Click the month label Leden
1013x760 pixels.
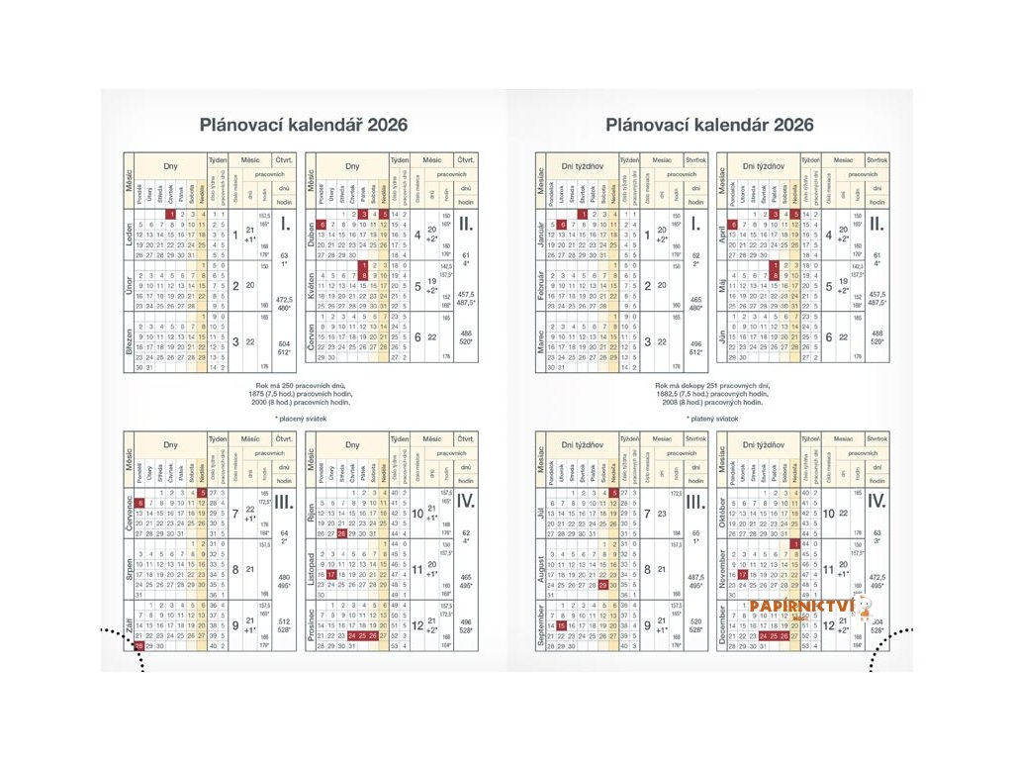coord(129,235)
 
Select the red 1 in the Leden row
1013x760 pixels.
coord(171,214)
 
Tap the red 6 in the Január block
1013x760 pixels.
coord(562,225)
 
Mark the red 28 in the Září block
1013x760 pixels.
coord(139,646)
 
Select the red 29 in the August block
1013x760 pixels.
coord(602,585)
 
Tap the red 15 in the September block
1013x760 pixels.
coord(562,625)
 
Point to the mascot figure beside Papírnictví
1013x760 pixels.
coord(864,607)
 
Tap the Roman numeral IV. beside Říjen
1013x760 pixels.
coord(466,502)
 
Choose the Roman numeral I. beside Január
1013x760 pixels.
coord(696,225)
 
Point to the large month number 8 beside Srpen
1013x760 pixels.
coord(235,569)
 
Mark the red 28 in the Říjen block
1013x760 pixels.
coord(341,533)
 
